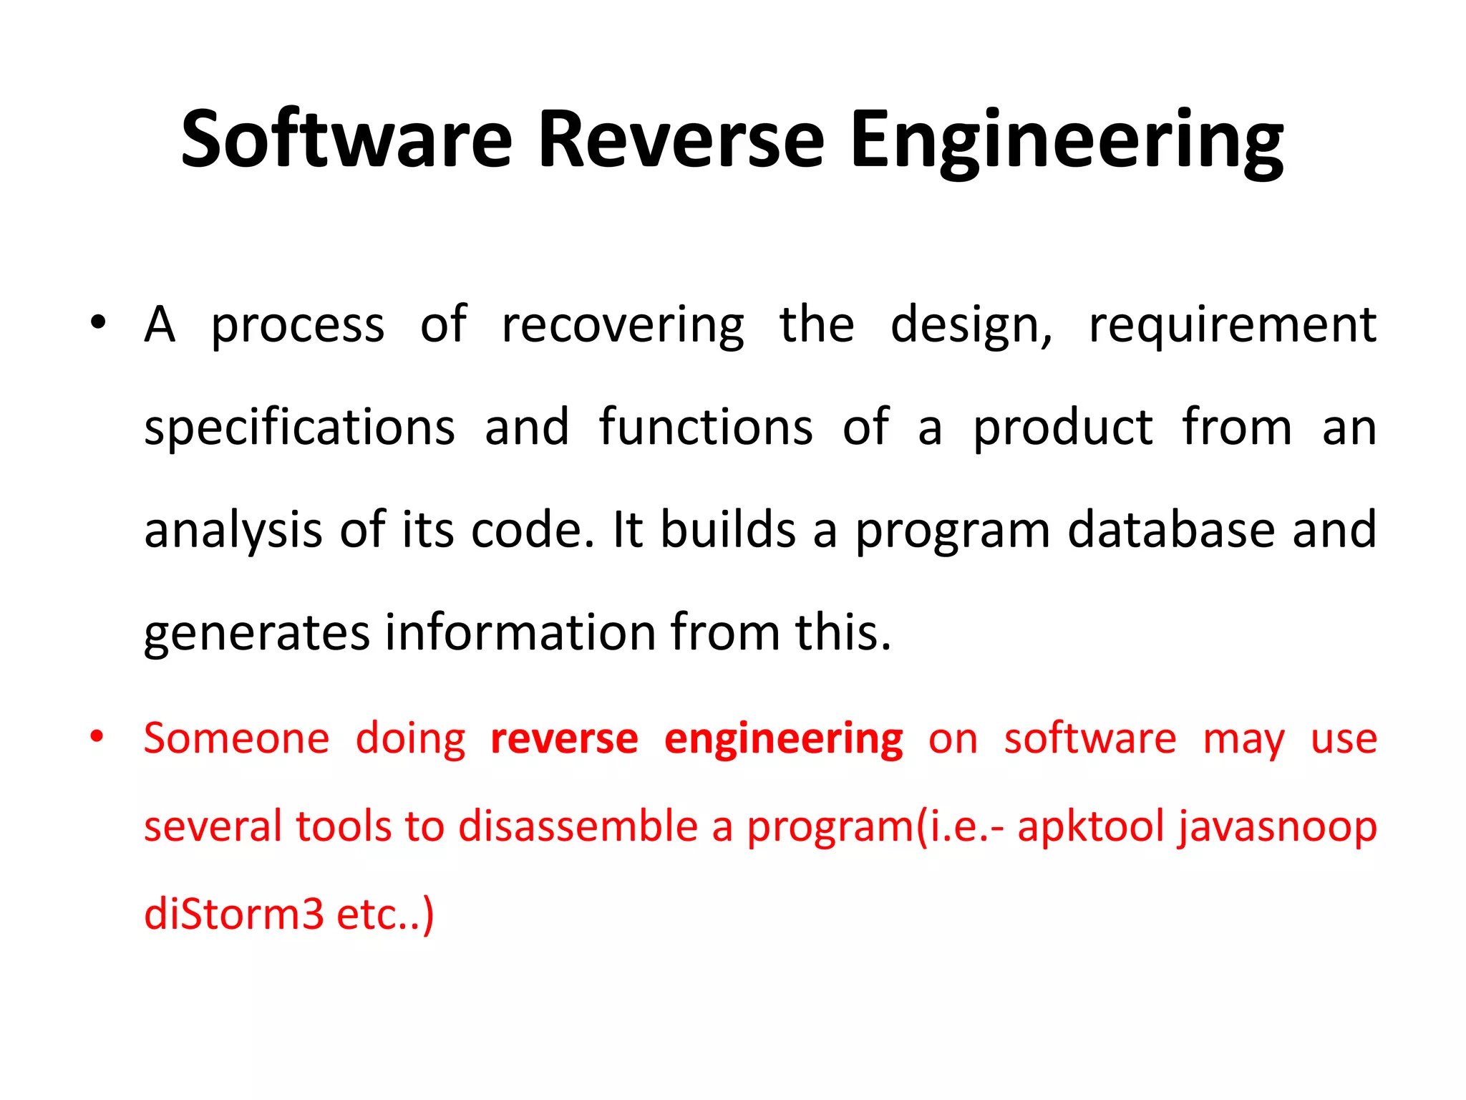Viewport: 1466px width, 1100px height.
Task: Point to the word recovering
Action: coord(622,327)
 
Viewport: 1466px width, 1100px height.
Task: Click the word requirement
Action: coord(1232,327)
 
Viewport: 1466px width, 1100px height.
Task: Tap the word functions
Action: coord(705,428)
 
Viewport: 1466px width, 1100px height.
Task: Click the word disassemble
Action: coord(578,826)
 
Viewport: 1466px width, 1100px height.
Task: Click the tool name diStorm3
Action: coord(233,915)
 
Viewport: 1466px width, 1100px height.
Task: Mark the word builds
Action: coord(727,530)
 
